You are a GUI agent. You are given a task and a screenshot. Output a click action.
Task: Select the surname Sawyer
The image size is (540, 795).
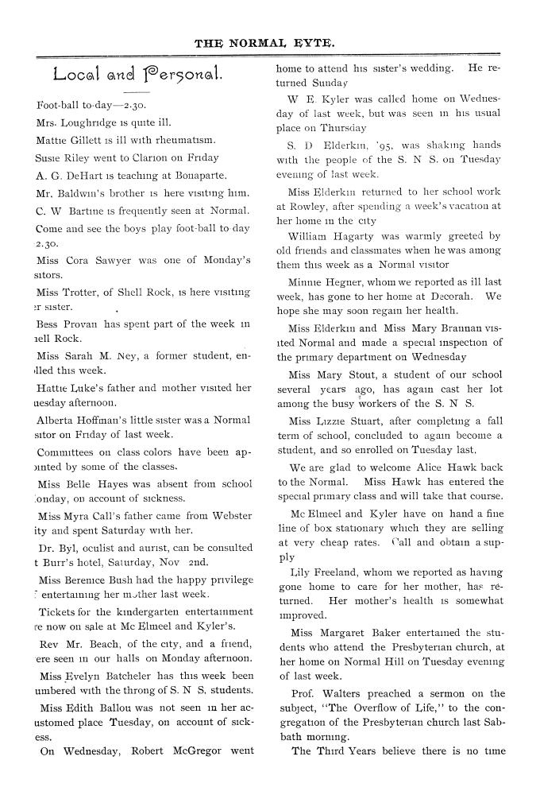coord(121,260)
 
